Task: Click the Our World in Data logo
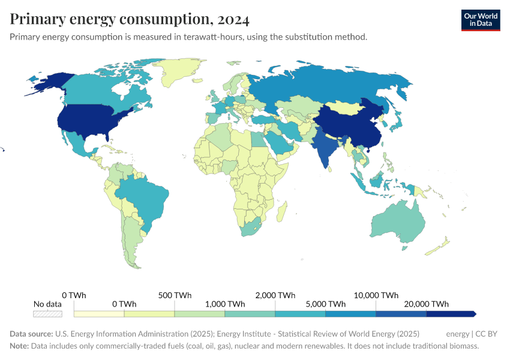pyautogui.click(x=480, y=20)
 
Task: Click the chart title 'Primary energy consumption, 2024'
pyautogui.click(x=130, y=19)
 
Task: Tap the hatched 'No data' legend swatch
pyautogui.click(x=47, y=313)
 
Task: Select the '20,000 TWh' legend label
pyautogui.click(x=427, y=304)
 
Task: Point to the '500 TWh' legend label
pyautogui.click(x=175, y=295)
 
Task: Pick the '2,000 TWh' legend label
pyautogui.click(x=275, y=295)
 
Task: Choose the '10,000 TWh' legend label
pyautogui.click(x=376, y=295)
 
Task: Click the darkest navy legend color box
pyautogui.click(x=451, y=313)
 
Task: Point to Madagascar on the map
pyautogui.click(x=280, y=211)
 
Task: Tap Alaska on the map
pyautogui.click(x=48, y=83)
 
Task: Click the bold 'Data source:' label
pyautogui.click(x=31, y=334)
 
